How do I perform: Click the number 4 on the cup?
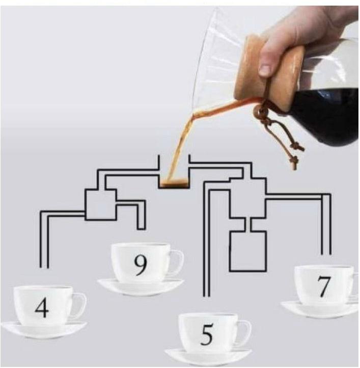click(42, 308)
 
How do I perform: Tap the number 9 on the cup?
click(141, 265)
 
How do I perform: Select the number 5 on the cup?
click(207, 334)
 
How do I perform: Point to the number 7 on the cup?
click(324, 286)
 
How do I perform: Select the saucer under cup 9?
click(141, 287)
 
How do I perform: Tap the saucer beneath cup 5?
click(208, 357)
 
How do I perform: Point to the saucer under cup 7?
click(320, 310)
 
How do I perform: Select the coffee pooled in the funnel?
click(174, 182)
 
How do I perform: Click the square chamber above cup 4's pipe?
click(101, 204)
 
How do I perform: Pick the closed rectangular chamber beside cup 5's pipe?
click(248, 251)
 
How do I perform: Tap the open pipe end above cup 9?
click(141, 228)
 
